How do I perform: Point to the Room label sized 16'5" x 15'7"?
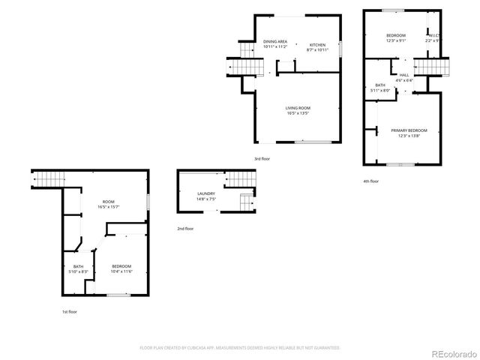pyautogui.click(x=109, y=204)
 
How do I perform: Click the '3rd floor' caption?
pyautogui.click(x=262, y=160)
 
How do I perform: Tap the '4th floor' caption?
pyautogui.click(x=370, y=181)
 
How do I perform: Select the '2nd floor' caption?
pyautogui.click(x=185, y=229)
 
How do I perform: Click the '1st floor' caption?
pyautogui.click(x=70, y=311)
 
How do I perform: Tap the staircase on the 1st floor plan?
pyautogui.click(x=49, y=180)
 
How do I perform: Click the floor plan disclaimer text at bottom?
pyautogui.click(x=240, y=348)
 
